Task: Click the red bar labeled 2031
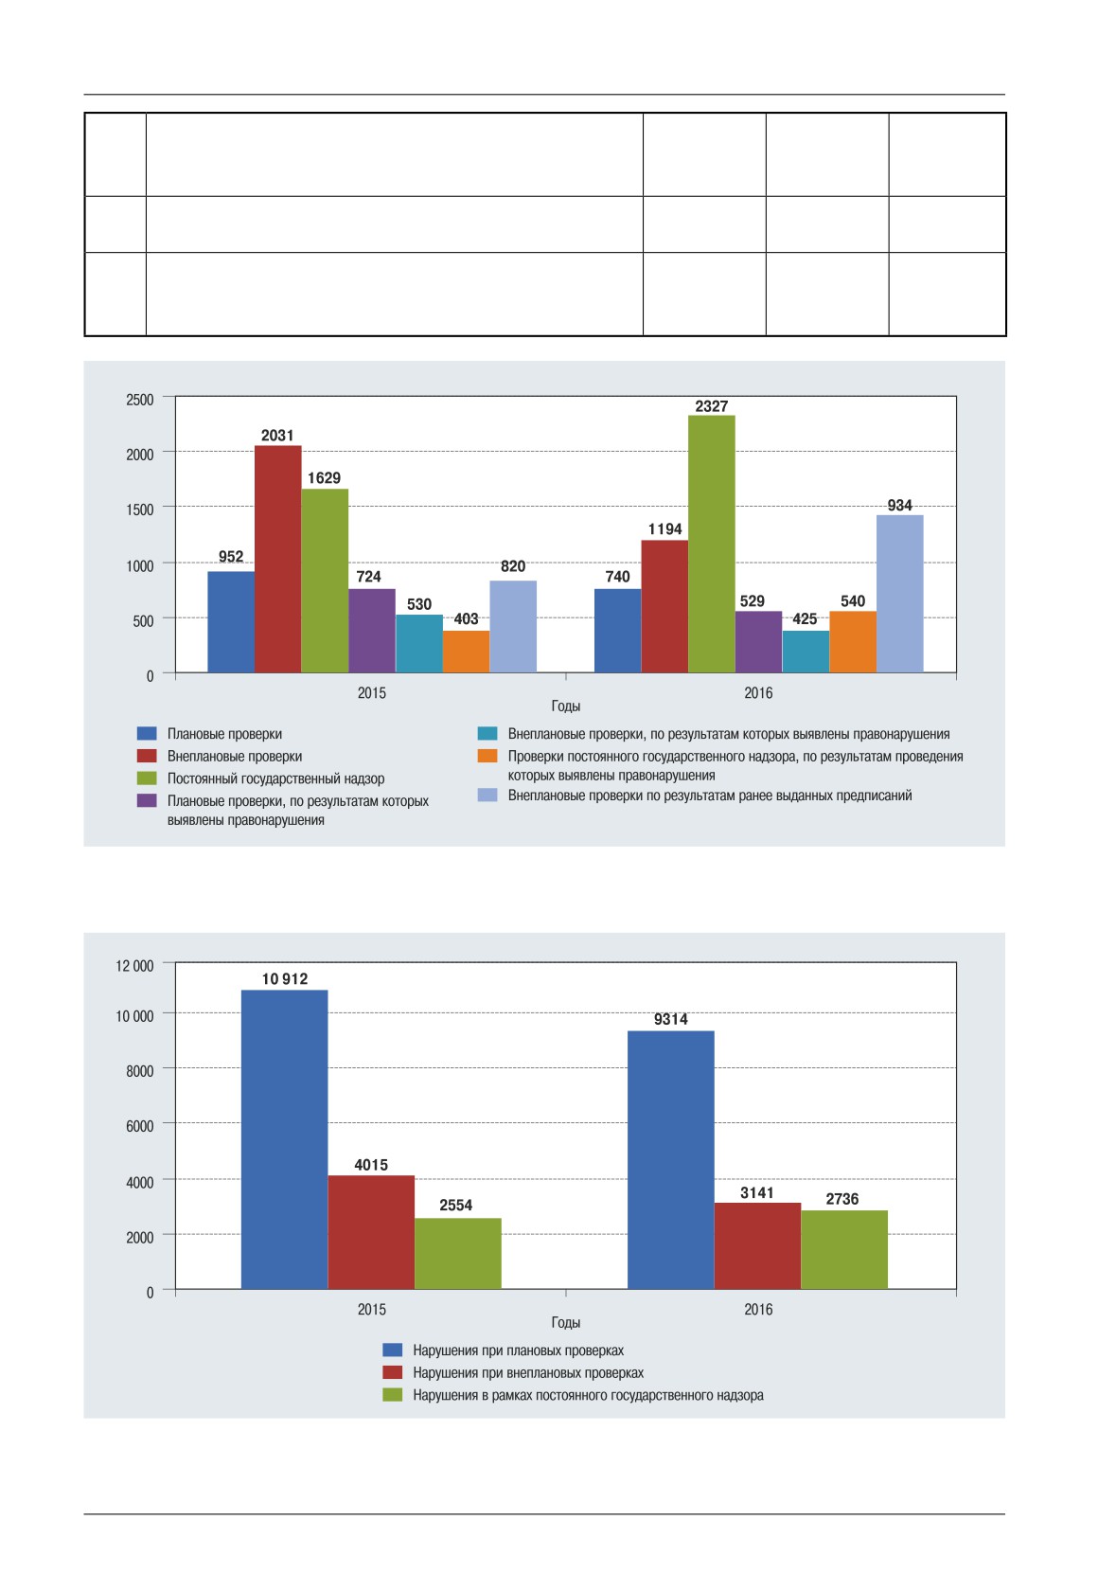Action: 277,559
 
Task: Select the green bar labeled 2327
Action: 711,544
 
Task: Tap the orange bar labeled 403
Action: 466,651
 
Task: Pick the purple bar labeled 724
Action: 371,631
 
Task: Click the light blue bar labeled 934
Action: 899,594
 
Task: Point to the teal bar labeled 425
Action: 806,651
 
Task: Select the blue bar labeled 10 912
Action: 284,1139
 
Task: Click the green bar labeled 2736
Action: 844,1249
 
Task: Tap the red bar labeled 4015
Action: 371,1232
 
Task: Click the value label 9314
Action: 670,1019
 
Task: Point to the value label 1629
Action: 324,477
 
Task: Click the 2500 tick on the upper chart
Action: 139,400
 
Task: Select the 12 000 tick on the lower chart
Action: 134,966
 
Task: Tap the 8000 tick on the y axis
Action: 139,1071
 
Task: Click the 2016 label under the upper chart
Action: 758,693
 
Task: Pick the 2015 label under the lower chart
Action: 371,1309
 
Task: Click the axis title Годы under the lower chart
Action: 565,1323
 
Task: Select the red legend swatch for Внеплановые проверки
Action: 147,756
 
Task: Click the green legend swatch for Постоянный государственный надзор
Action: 147,778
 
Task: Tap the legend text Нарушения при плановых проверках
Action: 518,1351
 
